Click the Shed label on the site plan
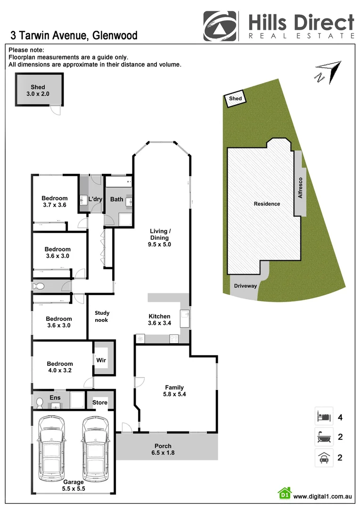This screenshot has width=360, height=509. pos(235,99)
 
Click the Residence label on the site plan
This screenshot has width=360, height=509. pos(267,204)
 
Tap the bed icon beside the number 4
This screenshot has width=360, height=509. pos(324,417)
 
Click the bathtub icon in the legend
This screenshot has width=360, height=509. pos(324,437)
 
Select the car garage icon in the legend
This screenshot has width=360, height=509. pos(324,458)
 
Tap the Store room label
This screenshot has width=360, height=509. pos(99,402)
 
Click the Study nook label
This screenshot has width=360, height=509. pos(101,316)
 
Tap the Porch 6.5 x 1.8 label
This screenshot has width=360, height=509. pos(163,450)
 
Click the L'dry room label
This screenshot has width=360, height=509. pos(95,199)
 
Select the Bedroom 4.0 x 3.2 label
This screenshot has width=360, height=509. pos(60,367)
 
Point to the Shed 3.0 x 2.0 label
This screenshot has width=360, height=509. pos(38,90)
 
